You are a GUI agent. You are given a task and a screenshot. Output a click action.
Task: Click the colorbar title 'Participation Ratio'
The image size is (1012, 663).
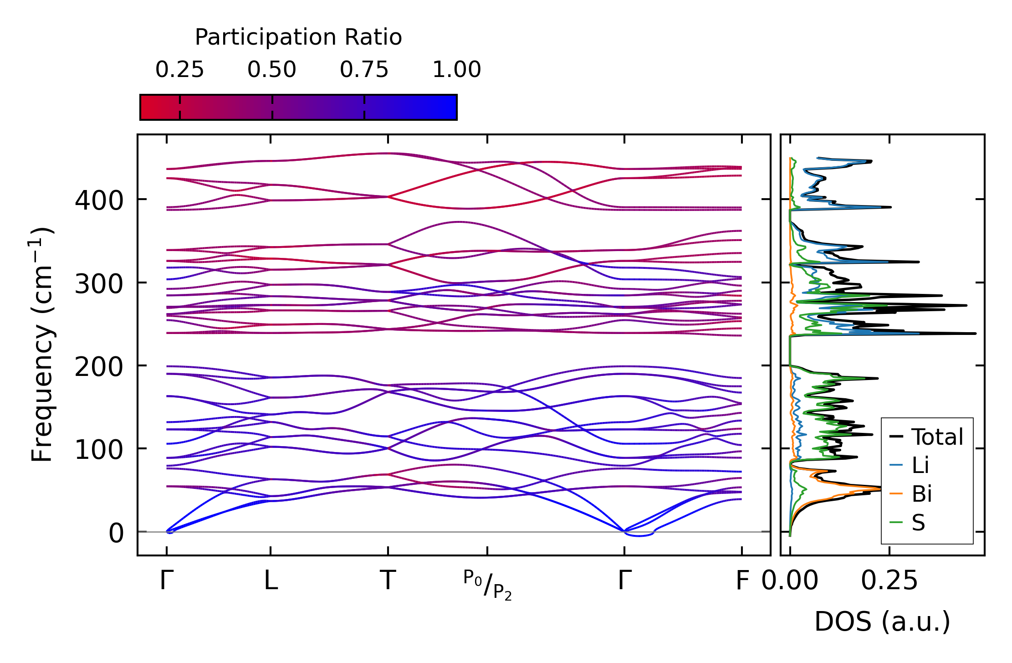[298, 37]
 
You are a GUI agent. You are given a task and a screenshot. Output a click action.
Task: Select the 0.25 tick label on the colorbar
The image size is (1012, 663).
[179, 70]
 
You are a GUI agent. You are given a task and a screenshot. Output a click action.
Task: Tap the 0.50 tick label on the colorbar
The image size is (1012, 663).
[272, 70]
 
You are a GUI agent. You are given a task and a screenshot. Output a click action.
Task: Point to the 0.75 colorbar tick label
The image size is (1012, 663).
[364, 70]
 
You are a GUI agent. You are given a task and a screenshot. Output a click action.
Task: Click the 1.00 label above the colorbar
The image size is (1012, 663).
[456, 70]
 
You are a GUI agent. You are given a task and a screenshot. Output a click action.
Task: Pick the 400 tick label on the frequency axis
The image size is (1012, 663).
[99, 200]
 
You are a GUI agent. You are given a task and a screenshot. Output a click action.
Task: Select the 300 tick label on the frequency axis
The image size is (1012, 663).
[99, 284]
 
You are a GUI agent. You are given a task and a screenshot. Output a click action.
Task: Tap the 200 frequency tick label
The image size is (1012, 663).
[99, 367]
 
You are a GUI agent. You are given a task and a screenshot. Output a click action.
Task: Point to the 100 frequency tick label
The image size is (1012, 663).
[99, 450]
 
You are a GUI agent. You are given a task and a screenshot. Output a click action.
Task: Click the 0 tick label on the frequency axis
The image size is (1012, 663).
[116, 533]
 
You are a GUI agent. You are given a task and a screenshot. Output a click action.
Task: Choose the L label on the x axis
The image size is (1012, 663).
[271, 581]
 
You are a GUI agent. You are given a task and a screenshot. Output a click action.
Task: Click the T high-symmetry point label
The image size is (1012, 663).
[388, 581]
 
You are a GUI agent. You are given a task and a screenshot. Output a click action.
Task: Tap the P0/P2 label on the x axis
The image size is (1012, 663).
[488, 585]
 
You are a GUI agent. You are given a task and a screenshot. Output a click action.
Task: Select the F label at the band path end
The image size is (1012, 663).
[742, 581]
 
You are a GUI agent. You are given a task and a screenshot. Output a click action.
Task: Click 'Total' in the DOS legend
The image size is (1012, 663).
[937, 437]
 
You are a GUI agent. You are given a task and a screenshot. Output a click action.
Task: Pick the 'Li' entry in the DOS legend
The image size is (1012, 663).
[920, 465]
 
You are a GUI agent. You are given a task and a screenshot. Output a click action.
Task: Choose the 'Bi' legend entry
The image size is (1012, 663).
[922, 494]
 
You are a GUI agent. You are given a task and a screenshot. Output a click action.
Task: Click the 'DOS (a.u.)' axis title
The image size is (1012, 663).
[882, 622]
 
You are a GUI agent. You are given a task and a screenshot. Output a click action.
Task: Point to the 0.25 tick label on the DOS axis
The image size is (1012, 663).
[889, 581]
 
